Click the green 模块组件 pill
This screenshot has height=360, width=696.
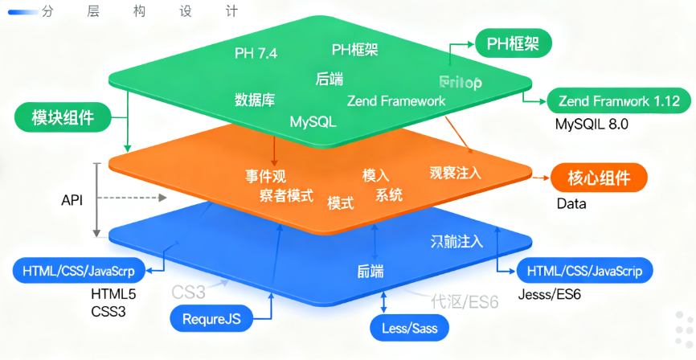coord(62,117)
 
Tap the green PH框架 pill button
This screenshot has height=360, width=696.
coord(513,43)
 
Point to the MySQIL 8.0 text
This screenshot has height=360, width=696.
coord(591,125)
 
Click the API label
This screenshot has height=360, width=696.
coord(72,198)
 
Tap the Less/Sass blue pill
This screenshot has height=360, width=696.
coord(409,328)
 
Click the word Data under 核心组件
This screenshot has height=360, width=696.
coord(571,204)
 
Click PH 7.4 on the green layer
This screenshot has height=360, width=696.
coord(256,54)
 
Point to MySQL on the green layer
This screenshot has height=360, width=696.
coord(313,122)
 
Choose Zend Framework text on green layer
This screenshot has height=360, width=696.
coord(395,101)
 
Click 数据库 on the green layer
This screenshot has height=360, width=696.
coord(255,100)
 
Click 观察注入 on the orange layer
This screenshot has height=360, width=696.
coord(455,172)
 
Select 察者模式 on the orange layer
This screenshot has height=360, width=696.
coord(286,196)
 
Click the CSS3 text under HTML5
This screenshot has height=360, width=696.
coord(108,310)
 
